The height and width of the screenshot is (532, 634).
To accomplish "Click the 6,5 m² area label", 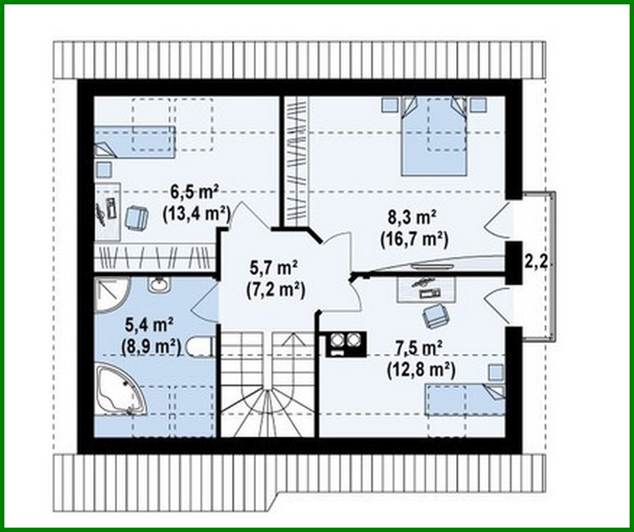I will click(x=194, y=193).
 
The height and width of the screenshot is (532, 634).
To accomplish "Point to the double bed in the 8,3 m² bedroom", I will click(x=434, y=136).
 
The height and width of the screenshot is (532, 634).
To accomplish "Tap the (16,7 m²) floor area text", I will click(x=414, y=238).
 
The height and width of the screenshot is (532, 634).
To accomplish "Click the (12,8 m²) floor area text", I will click(x=421, y=370).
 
